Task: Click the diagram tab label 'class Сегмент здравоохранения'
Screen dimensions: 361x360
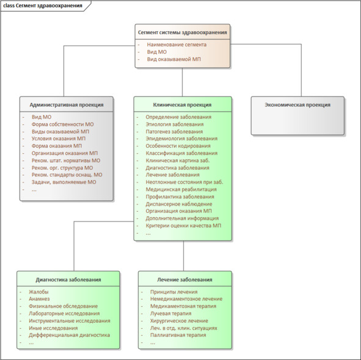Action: click(43, 5)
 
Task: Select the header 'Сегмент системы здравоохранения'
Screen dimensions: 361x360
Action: click(183, 32)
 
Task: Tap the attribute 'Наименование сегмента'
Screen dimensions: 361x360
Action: click(177, 45)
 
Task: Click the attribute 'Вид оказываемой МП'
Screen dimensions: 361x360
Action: click(174, 59)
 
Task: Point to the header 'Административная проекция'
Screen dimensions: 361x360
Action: click(67, 105)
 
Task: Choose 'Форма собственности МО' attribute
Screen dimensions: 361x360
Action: click(63, 124)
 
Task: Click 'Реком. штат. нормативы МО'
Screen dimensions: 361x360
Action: click(66, 160)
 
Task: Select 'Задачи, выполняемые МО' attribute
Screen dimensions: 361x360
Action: click(64, 182)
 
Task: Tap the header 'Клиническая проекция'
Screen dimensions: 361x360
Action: click(182, 105)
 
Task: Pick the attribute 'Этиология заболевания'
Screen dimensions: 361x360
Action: click(175, 124)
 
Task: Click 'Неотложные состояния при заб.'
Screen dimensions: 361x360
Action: click(184, 182)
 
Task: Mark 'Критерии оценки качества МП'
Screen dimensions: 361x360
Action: click(183, 226)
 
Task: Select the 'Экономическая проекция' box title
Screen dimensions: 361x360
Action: click(297, 105)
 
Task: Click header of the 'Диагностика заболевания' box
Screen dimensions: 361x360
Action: click(68, 279)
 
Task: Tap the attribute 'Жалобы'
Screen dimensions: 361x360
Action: click(38, 292)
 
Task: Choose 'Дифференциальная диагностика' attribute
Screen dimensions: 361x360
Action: click(69, 335)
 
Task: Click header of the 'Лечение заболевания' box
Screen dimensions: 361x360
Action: click(184, 279)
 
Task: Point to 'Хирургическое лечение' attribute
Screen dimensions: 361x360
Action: click(179, 321)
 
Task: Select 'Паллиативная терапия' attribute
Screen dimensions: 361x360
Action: click(178, 335)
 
